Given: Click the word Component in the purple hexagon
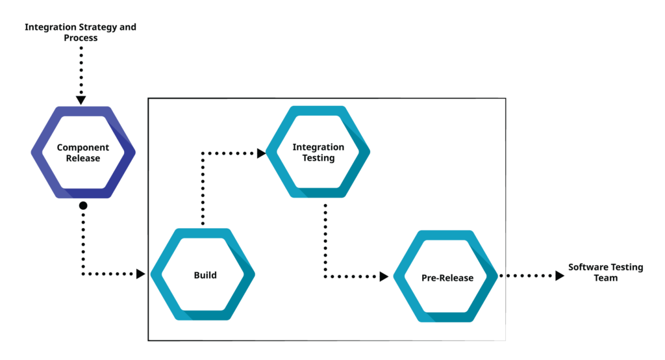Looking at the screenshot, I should point(82,148).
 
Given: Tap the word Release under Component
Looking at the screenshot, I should point(82,158).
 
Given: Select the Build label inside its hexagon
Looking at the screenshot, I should point(205,275).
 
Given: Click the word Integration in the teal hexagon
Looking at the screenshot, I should point(318,147).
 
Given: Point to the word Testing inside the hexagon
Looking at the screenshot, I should point(318,158).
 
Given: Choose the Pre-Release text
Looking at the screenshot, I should point(447,277).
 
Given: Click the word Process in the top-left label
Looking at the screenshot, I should point(81,38).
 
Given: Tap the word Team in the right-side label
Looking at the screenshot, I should point(605,278).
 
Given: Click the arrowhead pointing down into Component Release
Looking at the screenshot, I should point(81,99).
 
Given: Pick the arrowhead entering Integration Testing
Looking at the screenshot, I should point(261,153).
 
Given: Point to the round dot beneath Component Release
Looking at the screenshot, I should point(83,205).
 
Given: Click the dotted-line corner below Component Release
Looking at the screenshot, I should point(83,274).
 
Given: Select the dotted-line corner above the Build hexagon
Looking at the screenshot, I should point(203,153).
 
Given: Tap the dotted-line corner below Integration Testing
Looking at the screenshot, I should point(324,277).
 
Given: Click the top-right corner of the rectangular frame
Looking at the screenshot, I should point(505,99).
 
